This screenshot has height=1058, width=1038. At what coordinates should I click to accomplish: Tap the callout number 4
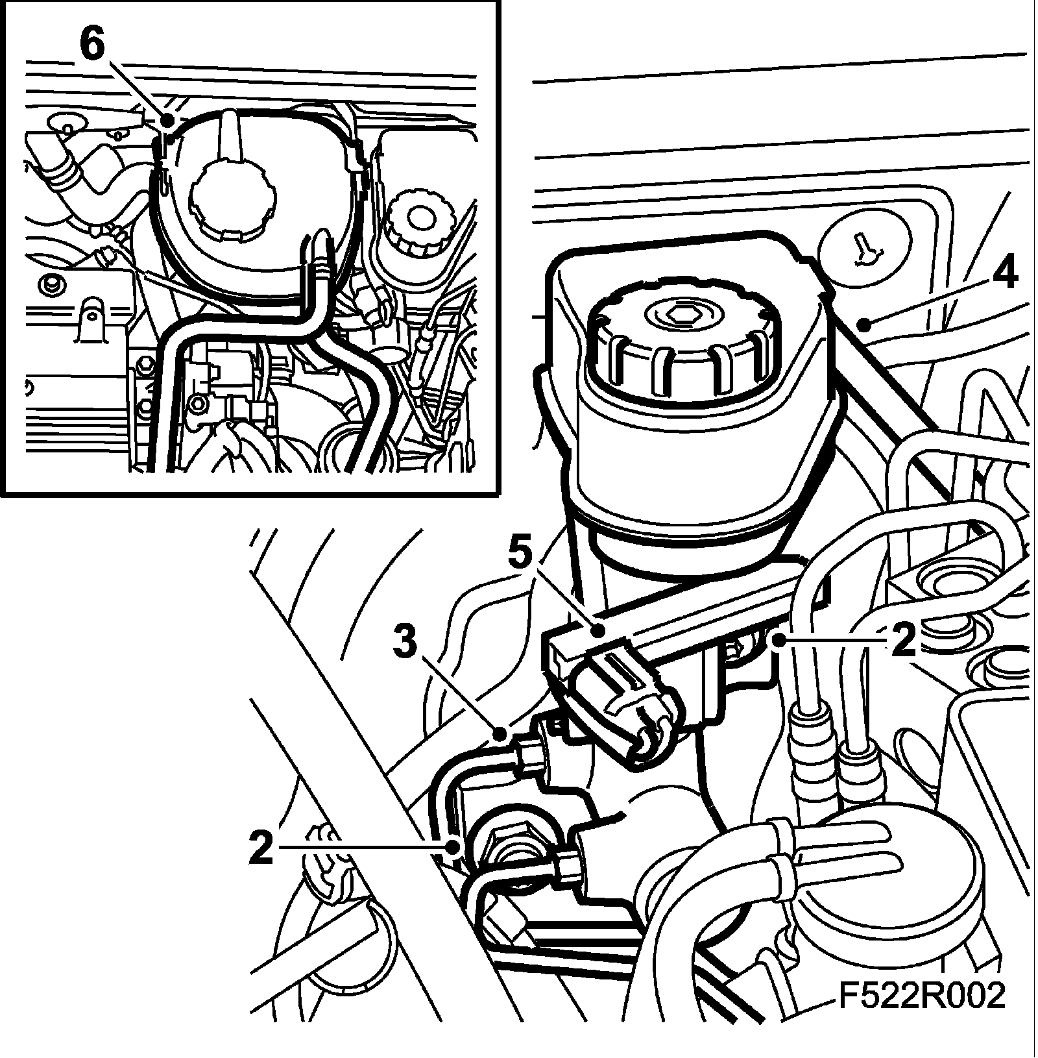(x=1004, y=275)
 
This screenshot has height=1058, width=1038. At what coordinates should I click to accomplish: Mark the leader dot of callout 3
(x=500, y=734)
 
